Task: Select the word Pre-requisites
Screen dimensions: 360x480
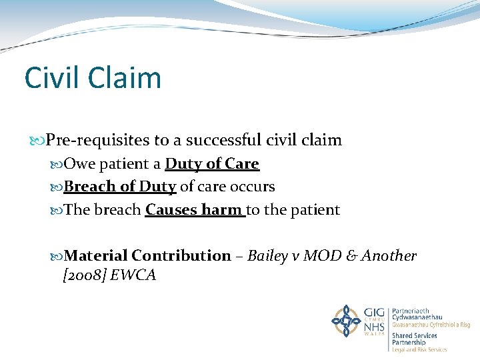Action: coord(108,140)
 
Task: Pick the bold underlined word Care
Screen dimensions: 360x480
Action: coord(242,163)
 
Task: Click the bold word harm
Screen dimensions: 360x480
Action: coord(222,210)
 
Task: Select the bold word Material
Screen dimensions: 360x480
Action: coord(97,255)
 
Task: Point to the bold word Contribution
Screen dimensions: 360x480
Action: coord(181,255)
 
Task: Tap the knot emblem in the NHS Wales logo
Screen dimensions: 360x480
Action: coord(346,321)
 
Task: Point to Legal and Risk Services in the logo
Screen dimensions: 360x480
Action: coord(419,349)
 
